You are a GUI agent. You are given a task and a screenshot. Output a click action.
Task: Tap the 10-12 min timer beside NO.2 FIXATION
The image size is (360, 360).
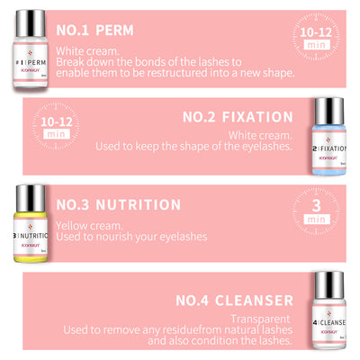click(53, 129)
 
